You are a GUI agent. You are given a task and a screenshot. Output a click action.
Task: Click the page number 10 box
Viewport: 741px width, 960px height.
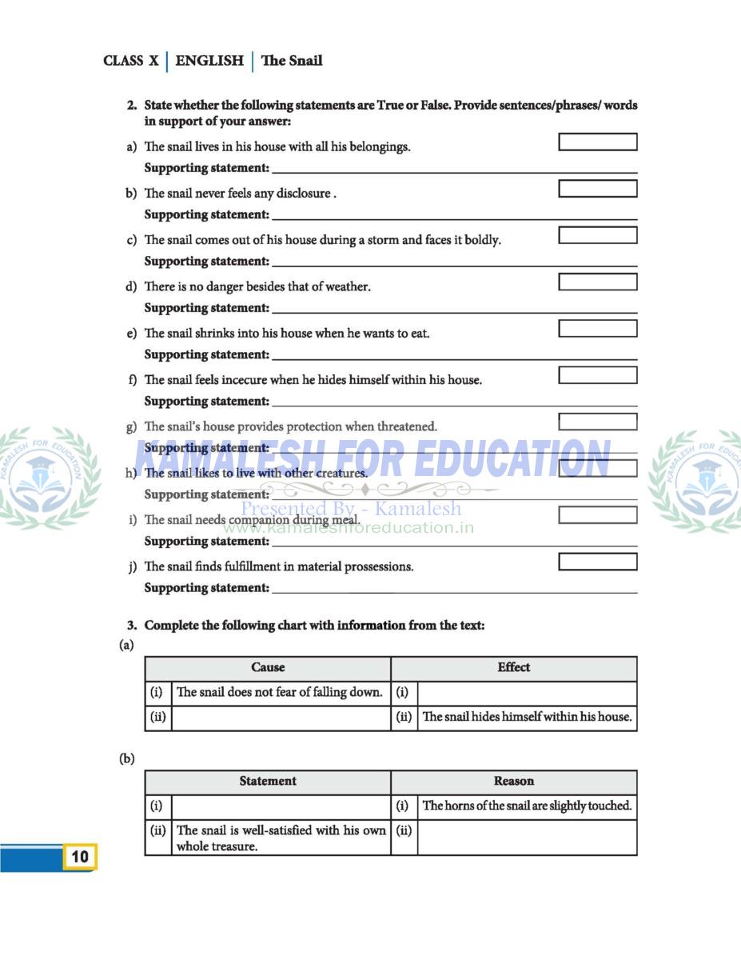click(x=80, y=857)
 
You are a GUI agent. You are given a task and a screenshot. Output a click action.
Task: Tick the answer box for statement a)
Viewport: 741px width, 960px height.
click(x=597, y=142)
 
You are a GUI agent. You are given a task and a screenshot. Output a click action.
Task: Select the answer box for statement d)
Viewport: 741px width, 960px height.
click(x=597, y=282)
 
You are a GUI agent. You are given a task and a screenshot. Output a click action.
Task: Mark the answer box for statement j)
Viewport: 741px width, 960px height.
click(x=597, y=562)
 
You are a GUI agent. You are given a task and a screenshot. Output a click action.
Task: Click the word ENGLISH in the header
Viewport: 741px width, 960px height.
click(x=209, y=61)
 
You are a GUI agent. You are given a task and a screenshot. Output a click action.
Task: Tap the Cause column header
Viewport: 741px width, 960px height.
click(x=268, y=668)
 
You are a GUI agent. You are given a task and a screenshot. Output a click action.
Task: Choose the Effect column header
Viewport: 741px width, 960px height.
click(x=513, y=668)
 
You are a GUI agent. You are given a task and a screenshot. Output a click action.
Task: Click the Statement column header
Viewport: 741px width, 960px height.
click(x=268, y=782)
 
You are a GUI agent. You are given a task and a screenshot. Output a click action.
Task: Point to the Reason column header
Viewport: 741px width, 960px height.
click(x=513, y=782)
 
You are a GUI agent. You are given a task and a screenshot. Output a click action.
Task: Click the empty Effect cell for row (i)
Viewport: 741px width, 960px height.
click(x=527, y=693)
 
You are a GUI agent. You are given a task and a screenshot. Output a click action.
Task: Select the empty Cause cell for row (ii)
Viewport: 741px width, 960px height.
click(x=281, y=718)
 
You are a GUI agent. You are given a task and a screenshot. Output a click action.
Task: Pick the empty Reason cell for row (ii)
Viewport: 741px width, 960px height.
click(x=527, y=838)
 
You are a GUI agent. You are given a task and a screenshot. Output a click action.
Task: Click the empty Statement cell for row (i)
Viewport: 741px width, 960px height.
click(x=281, y=806)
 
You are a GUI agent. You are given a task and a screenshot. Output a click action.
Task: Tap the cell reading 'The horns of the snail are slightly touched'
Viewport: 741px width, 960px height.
click(x=527, y=806)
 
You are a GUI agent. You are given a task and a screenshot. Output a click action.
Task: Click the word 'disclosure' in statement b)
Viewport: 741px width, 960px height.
click(x=303, y=194)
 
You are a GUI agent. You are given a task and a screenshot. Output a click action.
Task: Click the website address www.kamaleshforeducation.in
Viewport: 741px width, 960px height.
click(x=348, y=528)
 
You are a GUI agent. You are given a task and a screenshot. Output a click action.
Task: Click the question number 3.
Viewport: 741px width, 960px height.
click(x=132, y=626)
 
